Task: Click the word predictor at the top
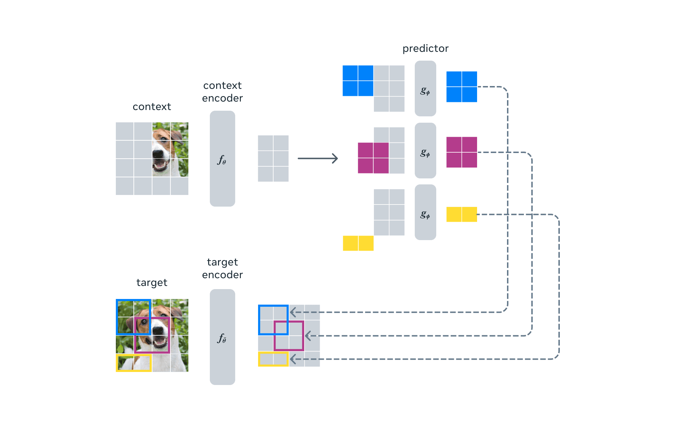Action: tap(425, 48)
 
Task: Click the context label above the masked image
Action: tap(152, 106)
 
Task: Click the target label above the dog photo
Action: tap(152, 282)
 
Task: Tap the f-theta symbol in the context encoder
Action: tap(222, 160)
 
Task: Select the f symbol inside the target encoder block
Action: tap(222, 338)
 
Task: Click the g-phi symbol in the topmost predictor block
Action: tap(425, 91)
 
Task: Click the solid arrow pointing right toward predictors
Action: tap(318, 158)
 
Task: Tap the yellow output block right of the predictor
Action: tap(462, 214)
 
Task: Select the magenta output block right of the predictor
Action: tap(462, 152)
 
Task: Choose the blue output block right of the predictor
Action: tap(462, 87)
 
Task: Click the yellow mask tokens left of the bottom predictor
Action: tap(358, 243)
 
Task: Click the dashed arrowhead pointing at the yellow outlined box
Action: tap(293, 359)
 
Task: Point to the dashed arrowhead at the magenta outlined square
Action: tap(308, 336)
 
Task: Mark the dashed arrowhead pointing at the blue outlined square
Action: tap(293, 312)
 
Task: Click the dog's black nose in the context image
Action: tap(157, 153)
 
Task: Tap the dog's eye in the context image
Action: tap(164, 139)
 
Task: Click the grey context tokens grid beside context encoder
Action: tap(273, 158)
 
